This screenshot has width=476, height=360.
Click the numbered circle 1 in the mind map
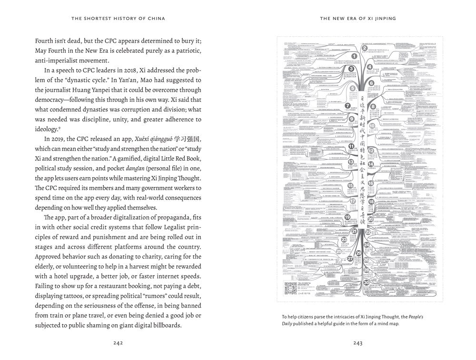point(354,56)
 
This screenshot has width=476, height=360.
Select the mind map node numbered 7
point(348,106)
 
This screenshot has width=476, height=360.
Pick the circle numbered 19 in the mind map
point(347,218)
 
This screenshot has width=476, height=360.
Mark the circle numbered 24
point(367,245)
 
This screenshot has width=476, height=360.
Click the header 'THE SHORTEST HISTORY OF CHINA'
point(119,19)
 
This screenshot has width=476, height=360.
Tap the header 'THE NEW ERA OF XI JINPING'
point(358,19)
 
